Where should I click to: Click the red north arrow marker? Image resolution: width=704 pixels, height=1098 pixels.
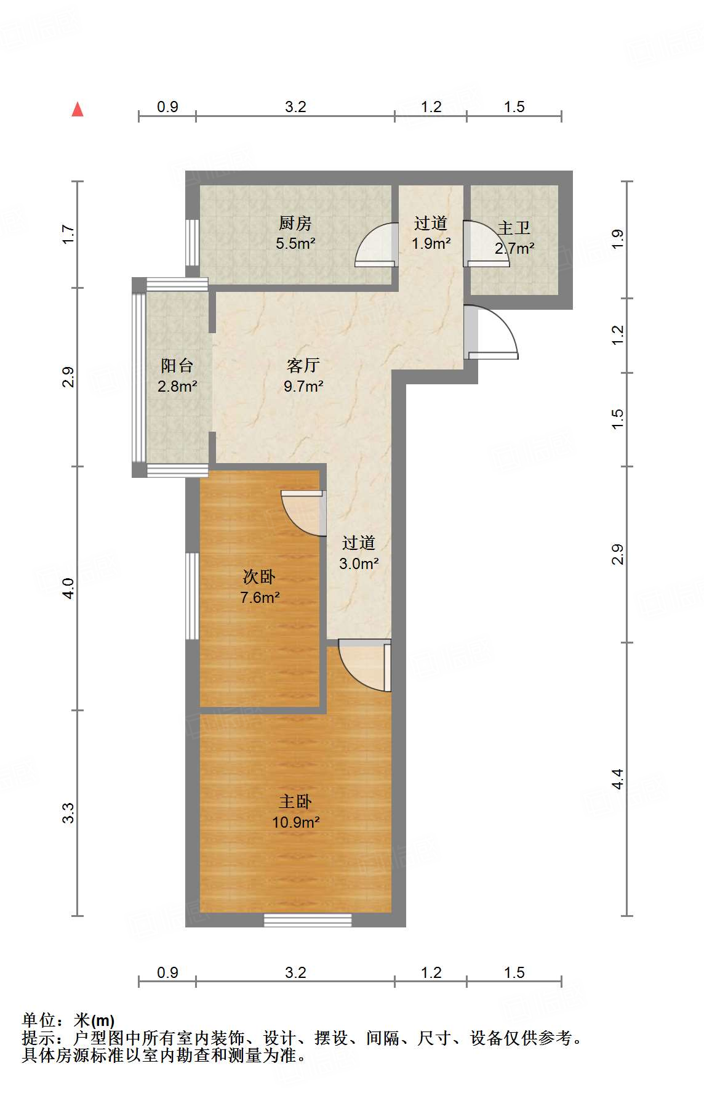tap(78, 110)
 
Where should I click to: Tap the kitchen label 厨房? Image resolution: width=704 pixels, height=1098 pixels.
tap(295, 223)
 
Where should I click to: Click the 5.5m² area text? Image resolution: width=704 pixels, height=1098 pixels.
tap(295, 243)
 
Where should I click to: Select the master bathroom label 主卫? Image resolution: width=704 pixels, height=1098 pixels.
tap(514, 228)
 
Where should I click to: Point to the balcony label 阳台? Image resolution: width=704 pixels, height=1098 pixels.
tap(177, 366)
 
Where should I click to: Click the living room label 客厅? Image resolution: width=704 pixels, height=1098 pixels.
tap(303, 366)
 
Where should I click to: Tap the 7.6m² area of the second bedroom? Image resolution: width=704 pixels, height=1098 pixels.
tap(260, 597)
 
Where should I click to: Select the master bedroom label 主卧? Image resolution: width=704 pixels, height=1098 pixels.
tap(295, 802)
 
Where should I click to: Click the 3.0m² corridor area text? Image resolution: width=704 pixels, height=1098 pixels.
tap(359, 563)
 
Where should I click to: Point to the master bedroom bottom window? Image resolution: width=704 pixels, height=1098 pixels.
tap(308, 920)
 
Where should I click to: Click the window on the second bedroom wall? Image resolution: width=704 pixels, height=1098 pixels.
tap(193, 596)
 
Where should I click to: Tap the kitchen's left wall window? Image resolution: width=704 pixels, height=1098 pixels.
tap(193, 242)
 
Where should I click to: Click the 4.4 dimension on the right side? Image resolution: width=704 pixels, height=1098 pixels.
tap(618, 779)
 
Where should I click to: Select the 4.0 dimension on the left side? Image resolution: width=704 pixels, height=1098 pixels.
tap(69, 588)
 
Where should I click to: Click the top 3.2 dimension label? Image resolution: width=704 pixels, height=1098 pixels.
tap(295, 107)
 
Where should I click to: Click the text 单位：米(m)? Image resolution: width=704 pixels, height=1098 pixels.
tap(68, 1021)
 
